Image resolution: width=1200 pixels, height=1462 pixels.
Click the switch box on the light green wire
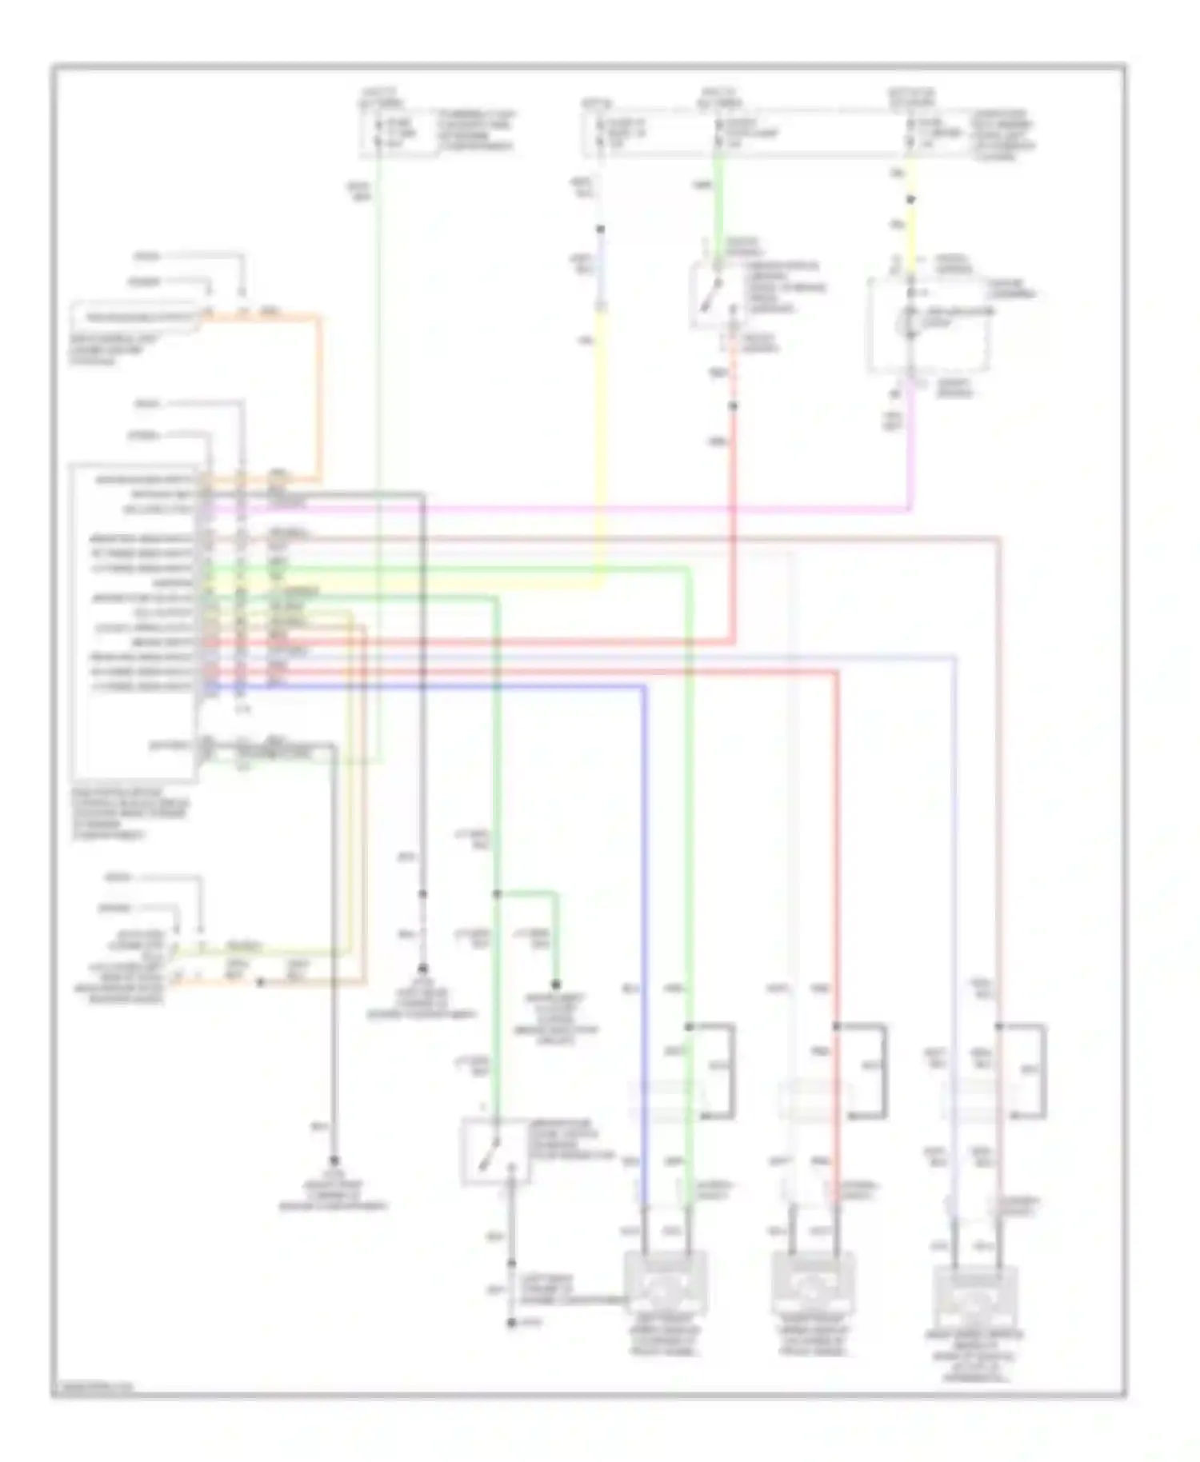(x=496, y=1151)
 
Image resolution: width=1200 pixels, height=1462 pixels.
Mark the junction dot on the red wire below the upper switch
(x=733, y=406)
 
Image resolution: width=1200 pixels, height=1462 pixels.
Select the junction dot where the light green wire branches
(x=496, y=893)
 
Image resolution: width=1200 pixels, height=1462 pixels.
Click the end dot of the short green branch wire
(x=555, y=985)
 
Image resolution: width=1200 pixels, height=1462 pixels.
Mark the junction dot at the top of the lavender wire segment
(x=601, y=230)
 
